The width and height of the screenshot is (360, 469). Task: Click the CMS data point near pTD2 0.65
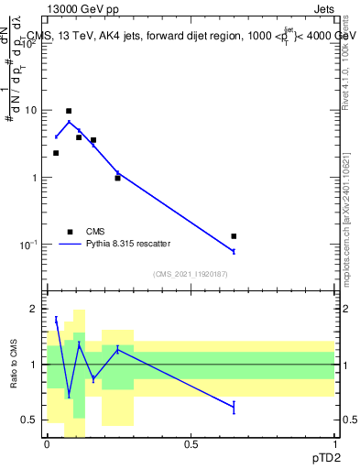[x=234, y=236]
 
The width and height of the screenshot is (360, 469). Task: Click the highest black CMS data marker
[x=69, y=111]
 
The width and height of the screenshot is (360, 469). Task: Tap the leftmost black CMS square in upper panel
[x=56, y=153]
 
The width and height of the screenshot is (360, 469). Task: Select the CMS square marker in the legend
[x=69, y=231]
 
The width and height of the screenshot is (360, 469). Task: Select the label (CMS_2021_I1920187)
[x=190, y=274]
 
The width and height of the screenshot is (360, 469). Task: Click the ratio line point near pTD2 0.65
[x=234, y=407]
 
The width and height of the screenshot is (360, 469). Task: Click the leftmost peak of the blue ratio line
[x=56, y=320]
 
